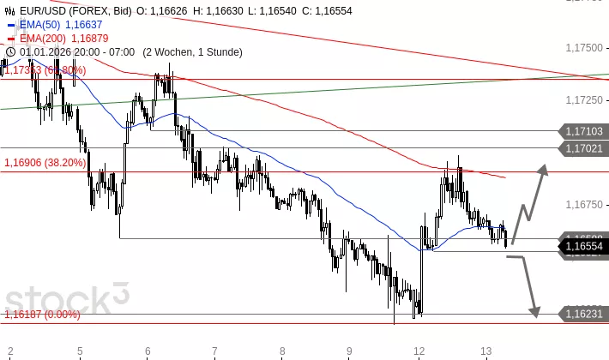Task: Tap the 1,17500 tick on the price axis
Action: [584, 48]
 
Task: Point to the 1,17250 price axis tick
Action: [584, 100]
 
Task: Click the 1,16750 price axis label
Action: [584, 205]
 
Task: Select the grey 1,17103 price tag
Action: [584, 131]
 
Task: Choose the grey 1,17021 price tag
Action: [584, 148]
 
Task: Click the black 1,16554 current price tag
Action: [584, 246]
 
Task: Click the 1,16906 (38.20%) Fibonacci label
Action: [45, 162]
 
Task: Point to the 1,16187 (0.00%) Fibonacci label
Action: [42, 315]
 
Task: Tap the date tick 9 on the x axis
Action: [350, 351]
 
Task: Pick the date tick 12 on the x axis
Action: [419, 351]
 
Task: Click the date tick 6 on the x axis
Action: [148, 351]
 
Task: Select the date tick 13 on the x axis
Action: [485, 351]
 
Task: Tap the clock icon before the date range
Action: [9, 51]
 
